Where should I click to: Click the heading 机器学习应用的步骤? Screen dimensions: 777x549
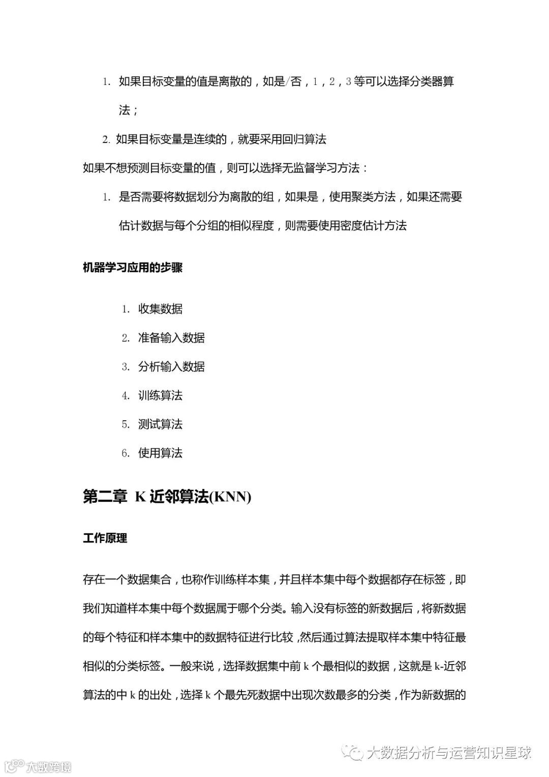click(132, 268)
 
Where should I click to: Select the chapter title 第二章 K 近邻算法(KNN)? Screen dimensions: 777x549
click(167, 497)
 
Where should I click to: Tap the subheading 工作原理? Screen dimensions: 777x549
click(105, 538)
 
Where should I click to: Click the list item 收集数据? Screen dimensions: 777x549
click(160, 309)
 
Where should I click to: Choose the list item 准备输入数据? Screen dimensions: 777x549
click(171, 338)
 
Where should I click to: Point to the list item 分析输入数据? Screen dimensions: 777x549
click(171, 366)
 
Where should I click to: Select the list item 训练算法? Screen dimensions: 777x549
click(160, 395)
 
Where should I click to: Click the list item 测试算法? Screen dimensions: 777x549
click(160, 424)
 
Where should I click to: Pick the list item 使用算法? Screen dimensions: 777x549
click(160, 453)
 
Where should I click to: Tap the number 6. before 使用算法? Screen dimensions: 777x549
click(126, 453)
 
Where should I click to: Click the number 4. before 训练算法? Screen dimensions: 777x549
click(126, 396)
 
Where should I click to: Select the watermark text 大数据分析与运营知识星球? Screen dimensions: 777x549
click(449, 753)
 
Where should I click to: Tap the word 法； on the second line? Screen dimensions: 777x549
click(128, 110)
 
